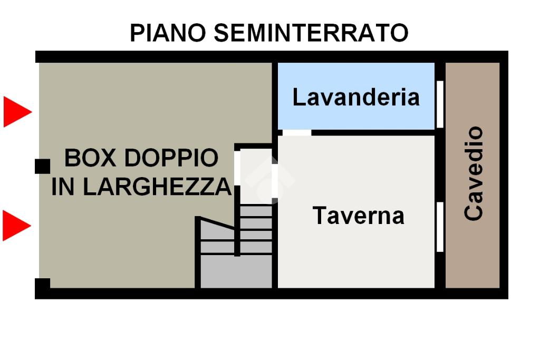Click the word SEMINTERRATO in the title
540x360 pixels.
(x=311, y=33)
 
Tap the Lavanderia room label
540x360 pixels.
(x=356, y=98)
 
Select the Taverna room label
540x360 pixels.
(x=358, y=216)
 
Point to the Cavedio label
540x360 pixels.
(x=474, y=173)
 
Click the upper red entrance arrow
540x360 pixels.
(x=16, y=112)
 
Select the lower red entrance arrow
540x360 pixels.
(x=16, y=226)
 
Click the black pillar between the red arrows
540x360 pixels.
(x=42, y=167)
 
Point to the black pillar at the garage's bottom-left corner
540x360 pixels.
(x=42, y=284)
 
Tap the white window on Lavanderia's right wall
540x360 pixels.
(x=440, y=104)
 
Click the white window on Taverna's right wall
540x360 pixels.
(x=440, y=227)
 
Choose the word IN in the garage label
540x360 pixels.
(x=63, y=187)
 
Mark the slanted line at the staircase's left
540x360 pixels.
(x=216, y=222)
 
